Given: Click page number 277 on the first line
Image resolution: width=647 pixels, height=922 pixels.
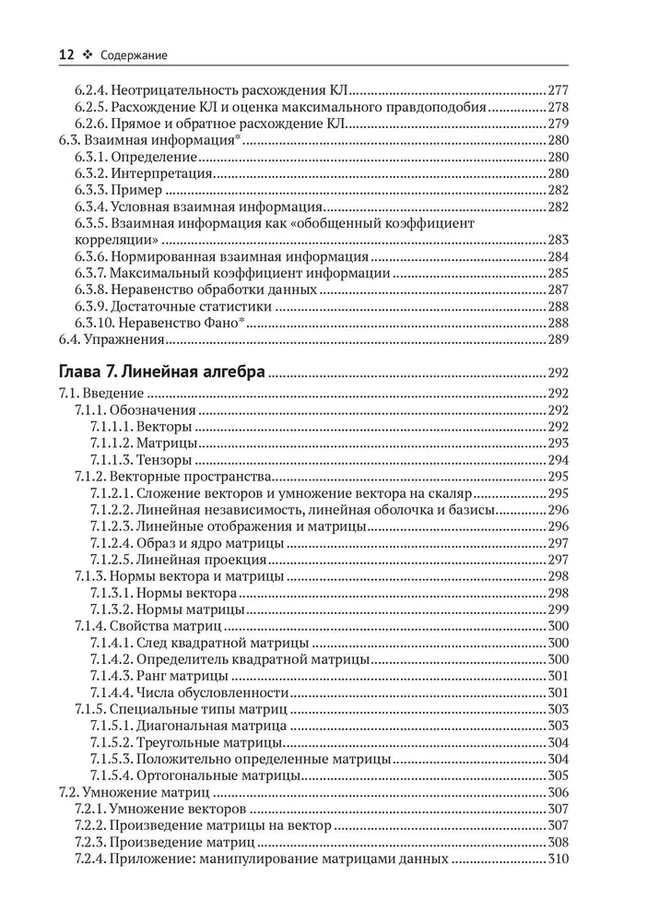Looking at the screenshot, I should point(559,90).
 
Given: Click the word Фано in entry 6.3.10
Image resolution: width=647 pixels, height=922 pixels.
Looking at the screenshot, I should point(214,323).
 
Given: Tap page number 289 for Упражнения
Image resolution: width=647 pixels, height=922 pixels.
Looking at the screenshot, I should point(559,339).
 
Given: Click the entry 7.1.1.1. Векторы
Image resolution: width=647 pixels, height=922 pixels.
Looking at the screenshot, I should point(141,427).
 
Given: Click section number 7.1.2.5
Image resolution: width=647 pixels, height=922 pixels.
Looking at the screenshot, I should point(111,560).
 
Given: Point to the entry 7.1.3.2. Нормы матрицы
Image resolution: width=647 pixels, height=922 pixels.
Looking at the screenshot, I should point(167,609).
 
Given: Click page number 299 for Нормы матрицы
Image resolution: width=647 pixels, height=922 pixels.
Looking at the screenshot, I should point(559,609).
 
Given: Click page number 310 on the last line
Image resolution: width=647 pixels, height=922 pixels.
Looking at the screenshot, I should point(559,858).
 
